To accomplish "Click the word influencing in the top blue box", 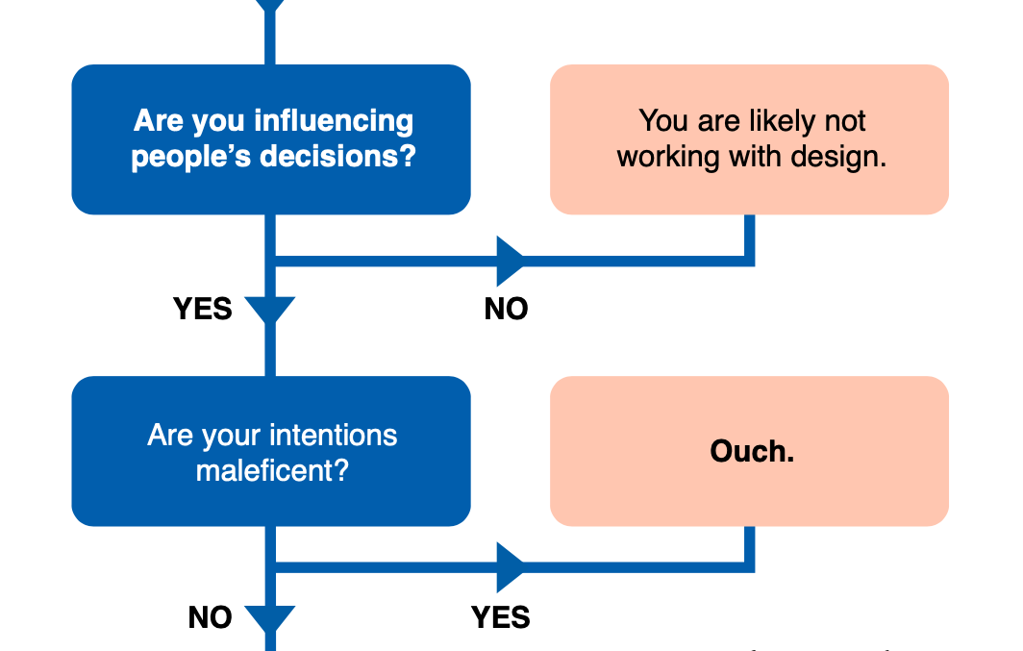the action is [334, 121].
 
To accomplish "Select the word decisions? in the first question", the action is [338, 157].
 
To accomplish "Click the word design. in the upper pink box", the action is [839, 157].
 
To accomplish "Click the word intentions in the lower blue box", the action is [334, 435].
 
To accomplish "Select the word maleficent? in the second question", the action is [272, 470].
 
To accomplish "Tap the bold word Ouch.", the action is [752, 451].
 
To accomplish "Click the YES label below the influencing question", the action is [202, 309].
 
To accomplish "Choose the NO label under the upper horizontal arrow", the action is [506, 309].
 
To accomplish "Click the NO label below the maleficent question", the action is [210, 617].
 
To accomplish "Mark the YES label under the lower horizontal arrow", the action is [500, 617].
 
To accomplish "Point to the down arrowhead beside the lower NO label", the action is [270, 618].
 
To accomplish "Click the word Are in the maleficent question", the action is [171, 435].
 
